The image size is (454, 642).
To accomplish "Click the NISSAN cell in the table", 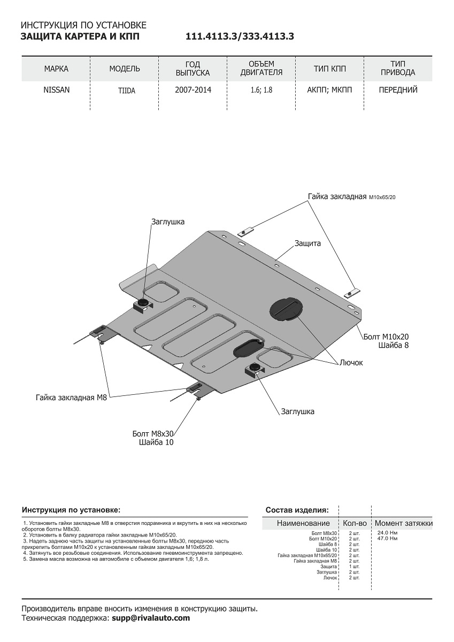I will (x=56, y=90).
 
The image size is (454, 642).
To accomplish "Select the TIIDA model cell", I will (x=127, y=91).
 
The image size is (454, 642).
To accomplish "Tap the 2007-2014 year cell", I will (x=193, y=90).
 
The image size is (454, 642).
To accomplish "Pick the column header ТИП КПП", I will (x=330, y=69).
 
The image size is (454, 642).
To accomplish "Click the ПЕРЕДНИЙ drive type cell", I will (x=398, y=90).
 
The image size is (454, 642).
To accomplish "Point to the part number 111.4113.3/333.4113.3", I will (x=240, y=37).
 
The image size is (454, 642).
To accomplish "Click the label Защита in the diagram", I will (x=307, y=243).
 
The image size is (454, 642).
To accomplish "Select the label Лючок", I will (x=350, y=363).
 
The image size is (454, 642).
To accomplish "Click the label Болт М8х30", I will (x=153, y=433).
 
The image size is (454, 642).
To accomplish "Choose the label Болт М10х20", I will (x=386, y=337).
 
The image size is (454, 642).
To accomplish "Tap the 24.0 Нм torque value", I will (x=387, y=533).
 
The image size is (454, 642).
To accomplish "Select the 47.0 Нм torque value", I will (x=387, y=538).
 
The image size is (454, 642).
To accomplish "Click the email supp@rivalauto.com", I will (x=150, y=618).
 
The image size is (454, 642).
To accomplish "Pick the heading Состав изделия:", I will (x=297, y=510).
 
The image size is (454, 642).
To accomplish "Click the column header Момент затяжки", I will (x=404, y=523).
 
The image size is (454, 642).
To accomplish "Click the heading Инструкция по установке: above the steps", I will (x=71, y=510).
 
